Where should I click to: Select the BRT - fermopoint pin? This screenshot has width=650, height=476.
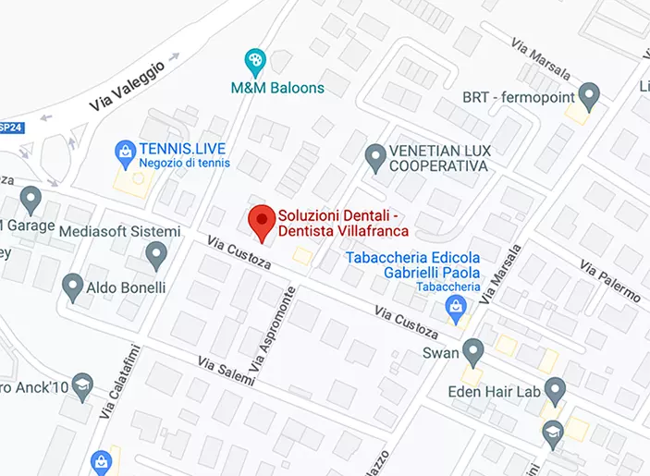(588, 95)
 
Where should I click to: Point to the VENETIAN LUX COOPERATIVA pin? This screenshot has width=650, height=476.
(374, 157)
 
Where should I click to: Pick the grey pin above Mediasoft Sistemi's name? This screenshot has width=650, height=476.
(156, 253)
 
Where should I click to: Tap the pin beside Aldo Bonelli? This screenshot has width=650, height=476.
(73, 287)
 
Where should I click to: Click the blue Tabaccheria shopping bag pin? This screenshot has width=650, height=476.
(454, 306)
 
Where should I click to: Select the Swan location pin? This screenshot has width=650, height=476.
(473, 351)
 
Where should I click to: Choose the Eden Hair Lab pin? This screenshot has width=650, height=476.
(555, 390)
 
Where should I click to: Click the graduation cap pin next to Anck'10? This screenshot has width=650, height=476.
(83, 385)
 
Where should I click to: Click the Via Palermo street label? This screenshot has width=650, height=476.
(609, 279)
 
